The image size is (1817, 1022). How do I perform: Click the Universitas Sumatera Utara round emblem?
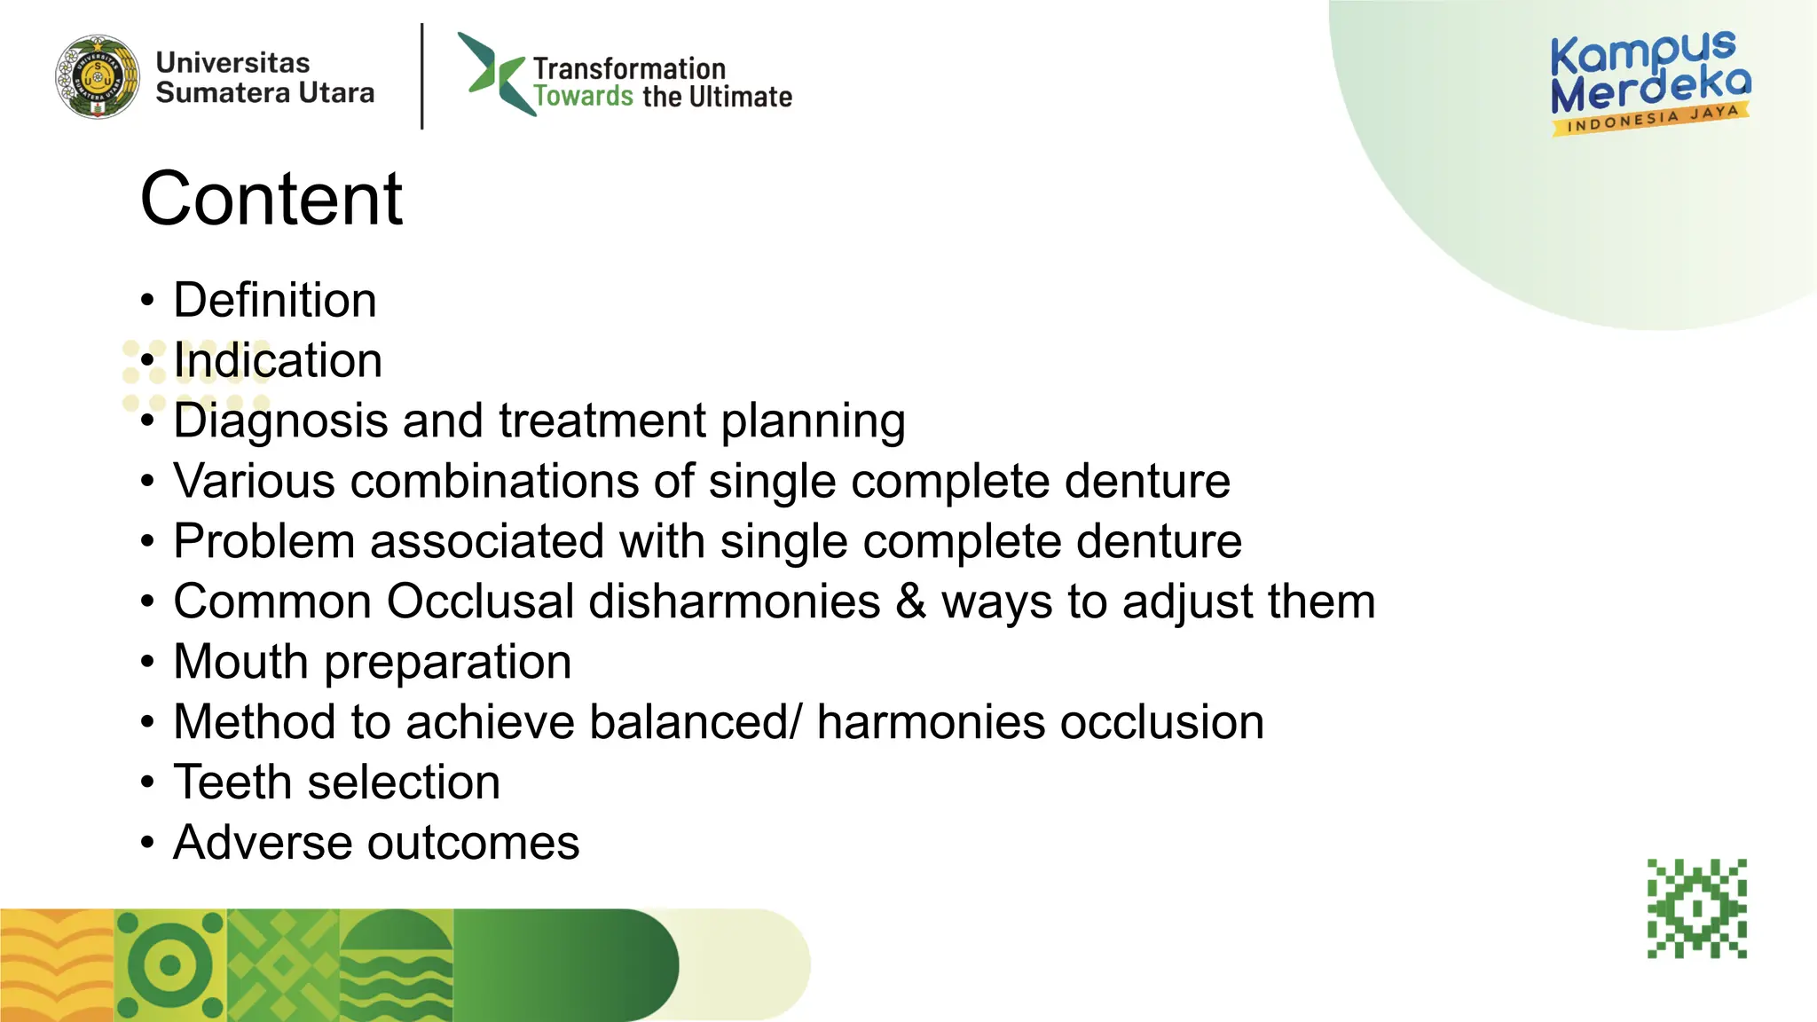pyautogui.click(x=98, y=77)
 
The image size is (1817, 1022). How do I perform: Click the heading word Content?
pyautogui.click(x=271, y=199)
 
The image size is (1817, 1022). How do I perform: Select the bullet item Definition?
pyautogui.click(x=275, y=300)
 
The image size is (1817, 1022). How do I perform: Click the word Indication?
pyautogui.click(x=278, y=360)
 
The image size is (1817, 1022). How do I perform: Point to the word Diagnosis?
pyautogui.click(x=280, y=421)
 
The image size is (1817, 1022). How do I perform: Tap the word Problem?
pyautogui.click(x=264, y=541)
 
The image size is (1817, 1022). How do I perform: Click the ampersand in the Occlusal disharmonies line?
pyautogui.click(x=910, y=601)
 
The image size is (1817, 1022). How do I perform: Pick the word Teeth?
pyautogui.click(x=232, y=782)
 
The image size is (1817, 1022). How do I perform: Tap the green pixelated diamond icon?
pyautogui.click(x=1697, y=908)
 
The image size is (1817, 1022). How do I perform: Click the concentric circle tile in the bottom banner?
pyautogui.click(x=170, y=965)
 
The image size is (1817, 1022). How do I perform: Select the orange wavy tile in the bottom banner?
pyautogui.click(x=57, y=965)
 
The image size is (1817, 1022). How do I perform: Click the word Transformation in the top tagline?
pyautogui.click(x=629, y=68)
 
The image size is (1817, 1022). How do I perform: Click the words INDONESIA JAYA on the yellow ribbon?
pyautogui.click(x=1652, y=119)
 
